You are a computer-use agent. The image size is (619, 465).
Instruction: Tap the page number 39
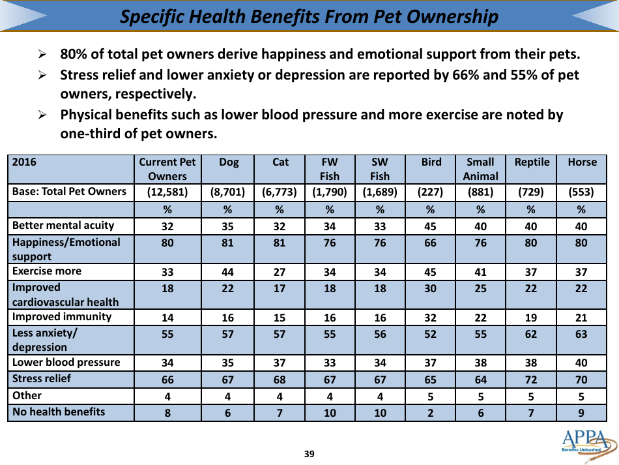[309, 454]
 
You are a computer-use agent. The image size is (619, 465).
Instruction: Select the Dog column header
[229, 162]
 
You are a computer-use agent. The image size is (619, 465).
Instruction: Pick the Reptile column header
[532, 162]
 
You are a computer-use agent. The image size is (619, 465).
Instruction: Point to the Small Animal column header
[480, 169]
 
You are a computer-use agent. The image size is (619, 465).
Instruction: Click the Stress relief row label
[42, 378]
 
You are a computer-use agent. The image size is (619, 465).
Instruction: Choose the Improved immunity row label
[62, 317]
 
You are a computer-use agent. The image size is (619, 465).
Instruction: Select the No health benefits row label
[59, 412]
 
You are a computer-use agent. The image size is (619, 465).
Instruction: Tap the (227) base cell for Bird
[430, 192]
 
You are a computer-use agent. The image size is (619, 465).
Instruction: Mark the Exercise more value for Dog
[227, 272]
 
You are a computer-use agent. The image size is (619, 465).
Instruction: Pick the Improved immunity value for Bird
[430, 318]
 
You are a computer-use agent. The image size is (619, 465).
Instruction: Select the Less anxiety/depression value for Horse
[581, 334]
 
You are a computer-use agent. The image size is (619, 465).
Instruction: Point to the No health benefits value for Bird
[430, 413]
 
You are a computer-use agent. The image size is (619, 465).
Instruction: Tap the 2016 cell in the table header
[25, 162]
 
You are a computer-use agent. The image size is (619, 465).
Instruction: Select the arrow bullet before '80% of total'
[42, 55]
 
